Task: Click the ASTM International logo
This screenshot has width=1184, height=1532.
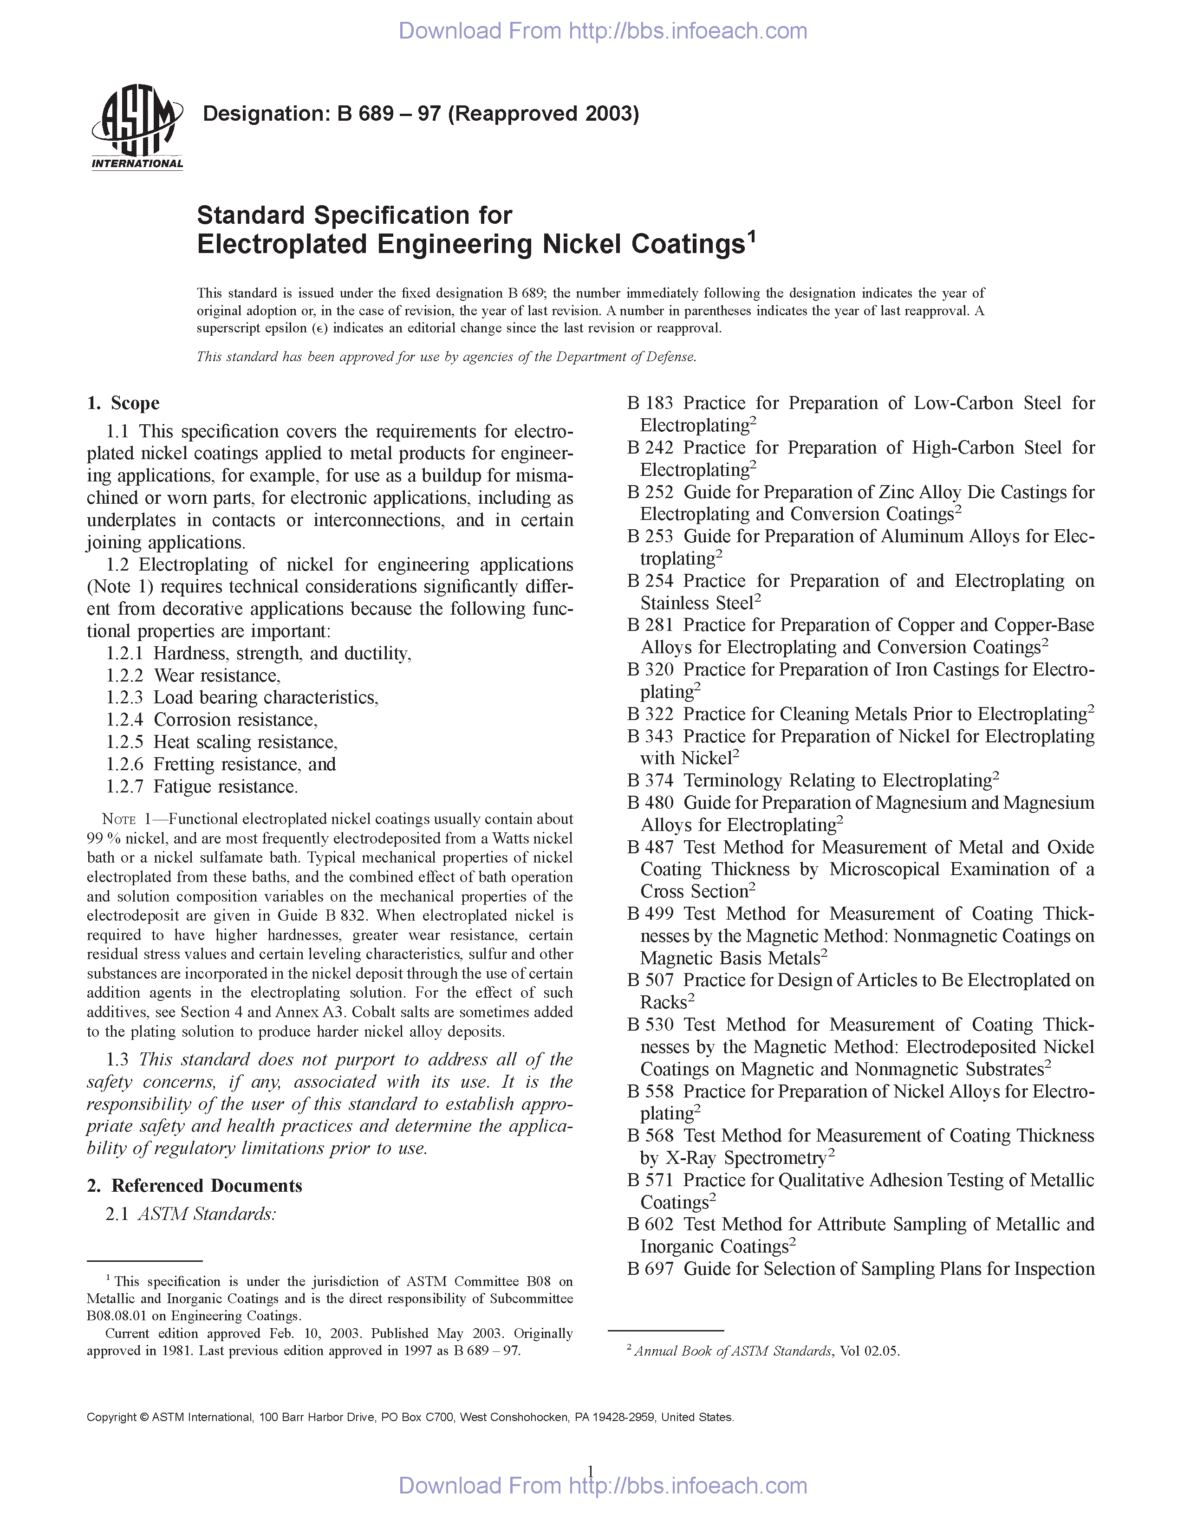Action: coord(137,127)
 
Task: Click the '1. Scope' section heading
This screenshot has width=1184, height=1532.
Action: coord(124,403)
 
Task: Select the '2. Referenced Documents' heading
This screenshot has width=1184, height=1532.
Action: coord(194,1186)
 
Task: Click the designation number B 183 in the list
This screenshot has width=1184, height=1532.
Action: coord(650,403)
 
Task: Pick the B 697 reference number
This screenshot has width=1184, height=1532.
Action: coord(650,1269)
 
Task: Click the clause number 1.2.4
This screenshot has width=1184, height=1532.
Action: coord(124,720)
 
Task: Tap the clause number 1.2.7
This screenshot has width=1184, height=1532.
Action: coord(124,787)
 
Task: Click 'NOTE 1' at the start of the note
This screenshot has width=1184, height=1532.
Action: coord(126,819)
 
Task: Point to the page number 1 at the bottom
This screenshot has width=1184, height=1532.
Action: coord(591,1471)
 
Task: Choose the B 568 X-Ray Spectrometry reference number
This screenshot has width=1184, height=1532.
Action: coord(650,1136)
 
